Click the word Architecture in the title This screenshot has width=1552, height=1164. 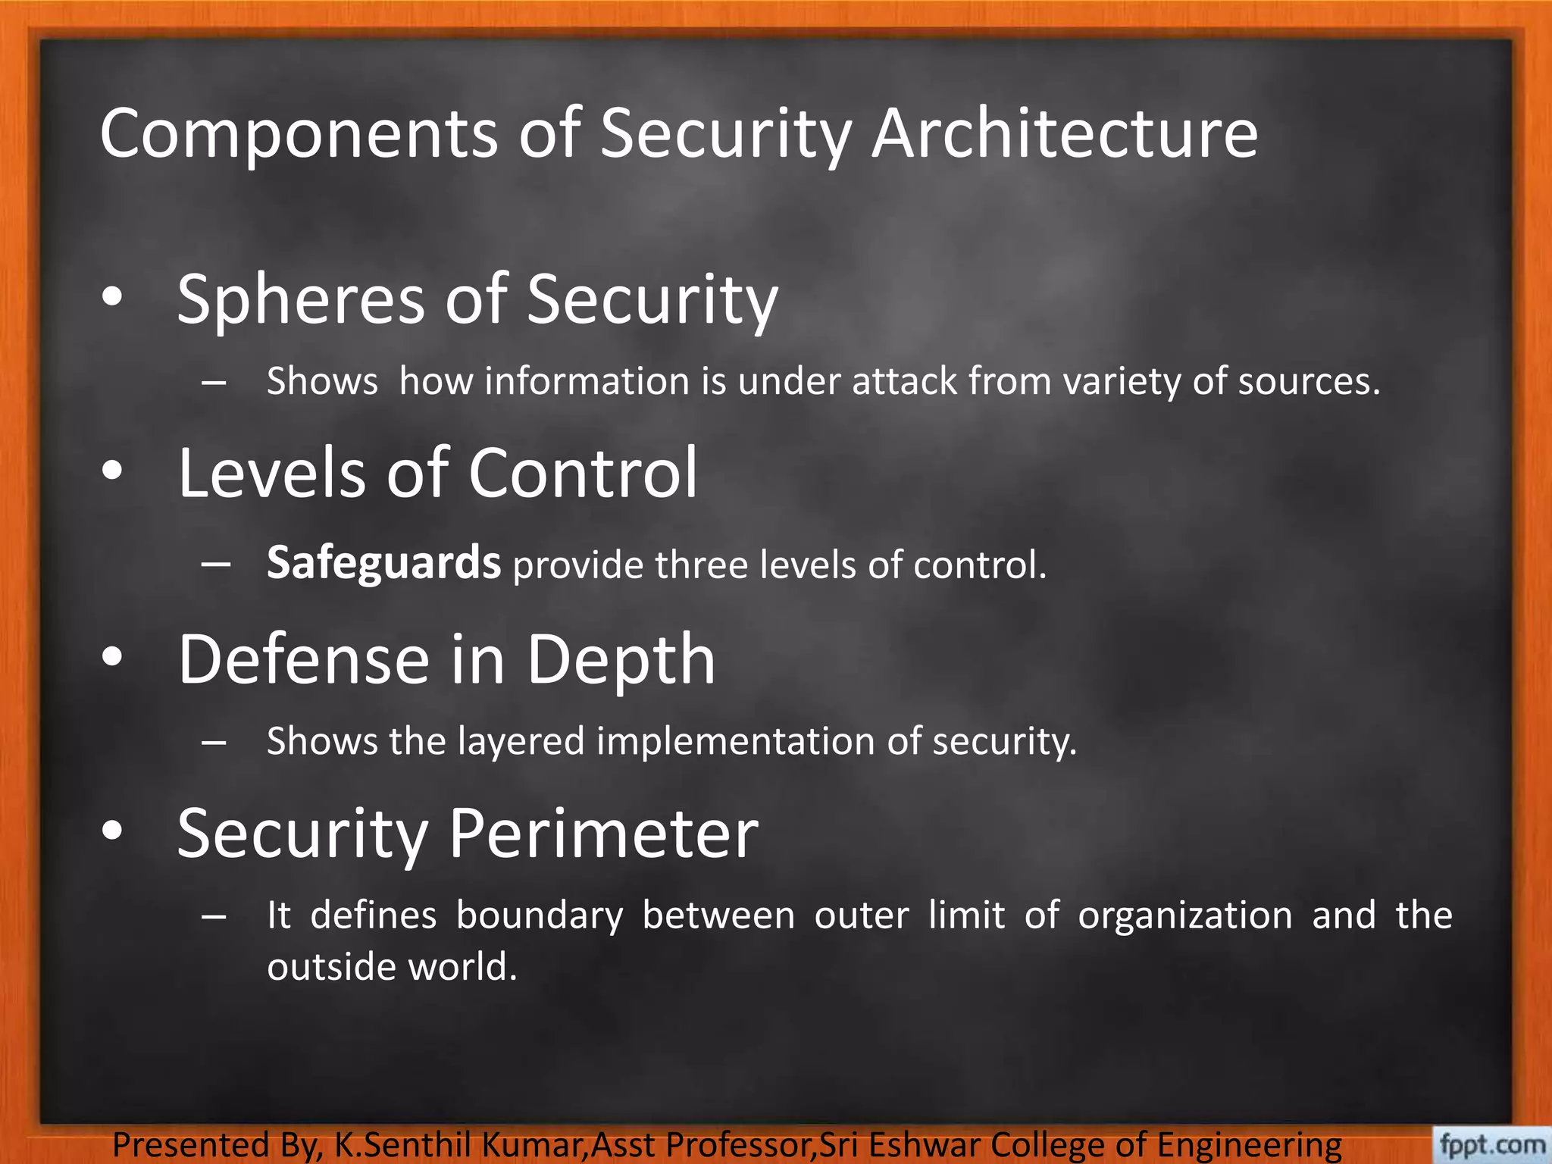pyautogui.click(x=1065, y=134)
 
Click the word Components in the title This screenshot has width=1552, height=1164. pyautogui.click(x=299, y=134)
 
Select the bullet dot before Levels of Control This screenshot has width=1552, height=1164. pyautogui.click(x=112, y=471)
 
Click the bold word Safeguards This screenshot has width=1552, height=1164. pyautogui.click(x=383, y=563)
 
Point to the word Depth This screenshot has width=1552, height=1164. pyautogui.click(x=621, y=659)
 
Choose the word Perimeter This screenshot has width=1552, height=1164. pyautogui.click(x=604, y=834)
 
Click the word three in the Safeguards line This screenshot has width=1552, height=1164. pyautogui.click(x=701, y=565)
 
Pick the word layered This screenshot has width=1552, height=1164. pyautogui.click(x=521, y=740)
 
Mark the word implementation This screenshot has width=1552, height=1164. pyautogui.click(x=735, y=740)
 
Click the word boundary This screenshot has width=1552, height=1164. pyautogui.click(x=540, y=915)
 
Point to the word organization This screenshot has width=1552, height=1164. pyautogui.click(x=1185, y=915)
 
